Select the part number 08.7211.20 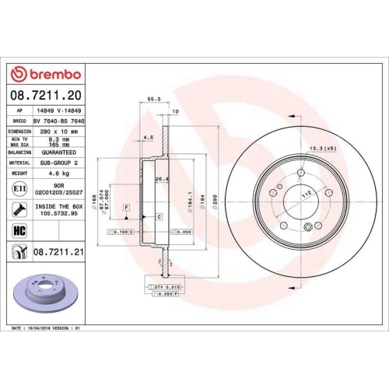point(46,96)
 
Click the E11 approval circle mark point(17,189)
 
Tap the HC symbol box point(16,230)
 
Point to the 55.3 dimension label point(152,100)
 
